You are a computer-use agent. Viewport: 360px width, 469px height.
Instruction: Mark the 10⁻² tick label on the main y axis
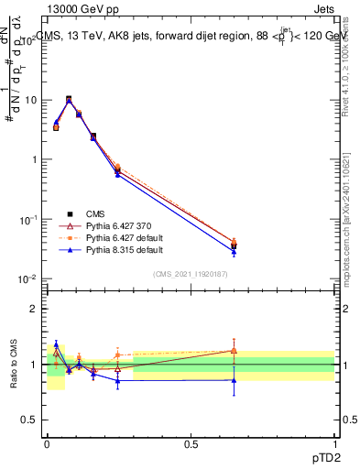[27, 278]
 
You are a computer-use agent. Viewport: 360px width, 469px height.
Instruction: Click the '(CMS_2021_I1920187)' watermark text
[191, 274]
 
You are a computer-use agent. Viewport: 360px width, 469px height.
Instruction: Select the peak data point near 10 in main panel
[69, 99]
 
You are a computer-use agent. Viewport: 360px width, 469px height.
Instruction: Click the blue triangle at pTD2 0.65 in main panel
[234, 252]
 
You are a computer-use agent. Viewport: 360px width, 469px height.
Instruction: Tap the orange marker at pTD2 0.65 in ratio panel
[234, 350]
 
